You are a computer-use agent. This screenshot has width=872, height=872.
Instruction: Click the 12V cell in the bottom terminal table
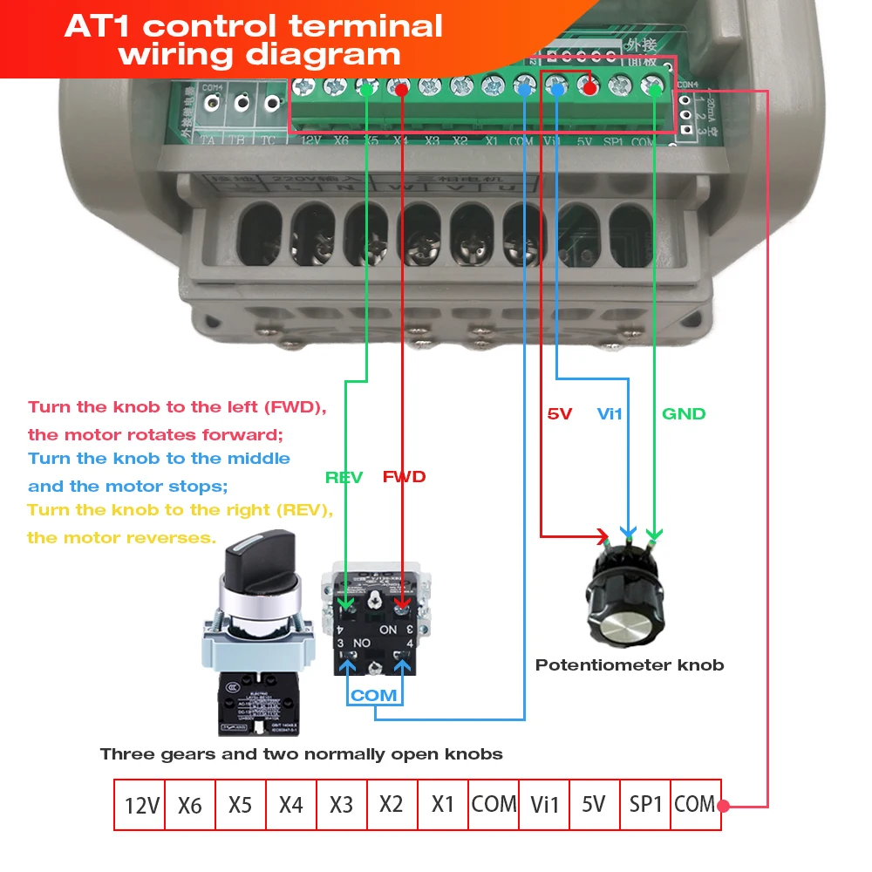tap(140, 805)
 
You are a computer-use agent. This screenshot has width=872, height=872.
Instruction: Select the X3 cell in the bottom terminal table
tap(342, 805)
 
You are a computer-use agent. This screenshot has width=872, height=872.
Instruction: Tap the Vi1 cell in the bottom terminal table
tap(544, 805)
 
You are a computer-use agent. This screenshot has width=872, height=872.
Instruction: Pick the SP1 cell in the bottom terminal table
tap(645, 805)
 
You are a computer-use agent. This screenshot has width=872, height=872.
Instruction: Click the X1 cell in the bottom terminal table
tap(443, 805)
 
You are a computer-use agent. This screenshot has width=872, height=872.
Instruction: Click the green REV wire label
tap(344, 477)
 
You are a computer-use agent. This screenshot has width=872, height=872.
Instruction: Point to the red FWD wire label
tap(404, 477)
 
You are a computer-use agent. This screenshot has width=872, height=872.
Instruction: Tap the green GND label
tap(684, 413)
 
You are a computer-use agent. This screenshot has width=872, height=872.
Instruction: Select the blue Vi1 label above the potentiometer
tap(610, 413)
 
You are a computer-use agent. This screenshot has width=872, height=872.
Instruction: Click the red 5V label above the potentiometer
tap(559, 413)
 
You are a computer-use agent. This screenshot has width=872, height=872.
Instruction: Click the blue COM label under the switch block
tap(374, 695)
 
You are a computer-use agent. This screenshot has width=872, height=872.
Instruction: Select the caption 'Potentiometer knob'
tap(630, 665)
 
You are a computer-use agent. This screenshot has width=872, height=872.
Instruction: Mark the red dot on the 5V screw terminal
tap(590, 87)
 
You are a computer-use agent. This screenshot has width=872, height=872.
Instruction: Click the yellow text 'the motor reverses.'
tap(121, 537)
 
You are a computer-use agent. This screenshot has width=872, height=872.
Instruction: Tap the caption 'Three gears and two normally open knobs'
tap(301, 753)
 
